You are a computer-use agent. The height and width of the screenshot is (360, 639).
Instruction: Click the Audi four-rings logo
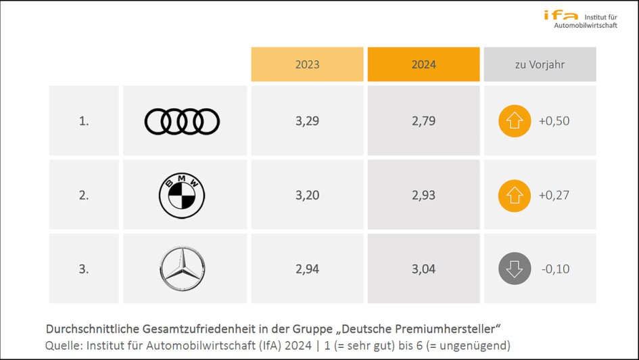(182, 122)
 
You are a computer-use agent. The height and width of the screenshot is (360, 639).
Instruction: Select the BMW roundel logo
(182, 195)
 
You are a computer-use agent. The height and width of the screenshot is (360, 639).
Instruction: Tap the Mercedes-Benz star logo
(182, 269)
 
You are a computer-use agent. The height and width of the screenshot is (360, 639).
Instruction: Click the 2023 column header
(307, 65)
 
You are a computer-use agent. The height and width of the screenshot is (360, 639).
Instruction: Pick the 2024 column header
(423, 65)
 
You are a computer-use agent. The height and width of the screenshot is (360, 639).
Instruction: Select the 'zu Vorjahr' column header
(540, 65)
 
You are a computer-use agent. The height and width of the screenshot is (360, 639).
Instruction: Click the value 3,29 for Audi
(307, 122)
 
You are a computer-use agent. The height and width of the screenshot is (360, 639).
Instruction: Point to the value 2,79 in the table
(423, 122)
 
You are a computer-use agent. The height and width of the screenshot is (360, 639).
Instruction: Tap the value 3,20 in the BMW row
(307, 196)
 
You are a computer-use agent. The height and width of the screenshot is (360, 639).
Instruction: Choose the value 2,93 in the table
(423, 196)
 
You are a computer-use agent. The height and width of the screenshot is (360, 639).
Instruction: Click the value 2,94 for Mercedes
(307, 269)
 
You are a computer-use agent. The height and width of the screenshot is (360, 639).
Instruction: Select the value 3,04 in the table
(423, 269)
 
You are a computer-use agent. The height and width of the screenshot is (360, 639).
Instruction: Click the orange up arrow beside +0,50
(515, 122)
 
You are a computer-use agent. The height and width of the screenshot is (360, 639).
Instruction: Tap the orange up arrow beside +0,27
(515, 196)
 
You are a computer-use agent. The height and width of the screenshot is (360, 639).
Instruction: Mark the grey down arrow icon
(515, 269)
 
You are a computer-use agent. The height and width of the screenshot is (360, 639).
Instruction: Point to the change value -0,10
(555, 269)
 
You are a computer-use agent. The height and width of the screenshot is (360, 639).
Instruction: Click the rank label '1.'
(84, 122)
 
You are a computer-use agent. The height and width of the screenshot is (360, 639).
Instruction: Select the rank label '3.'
(84, 269)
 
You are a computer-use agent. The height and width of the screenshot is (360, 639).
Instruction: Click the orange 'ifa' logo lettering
(561, 14)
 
